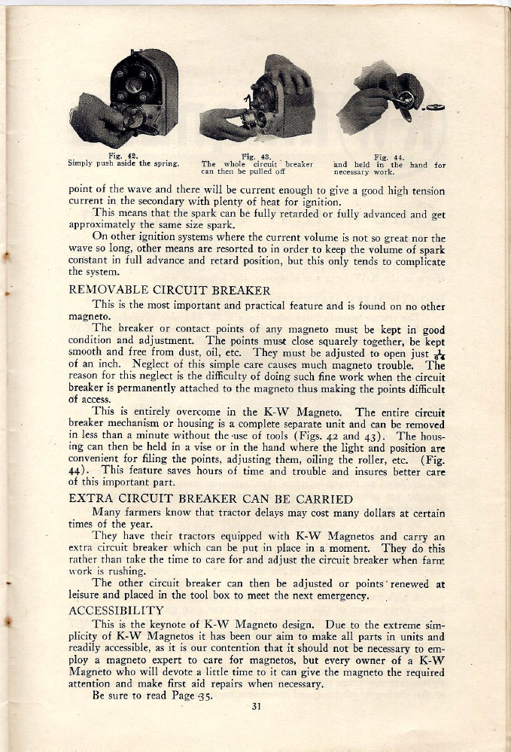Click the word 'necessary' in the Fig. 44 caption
click(x=351, y=171)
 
